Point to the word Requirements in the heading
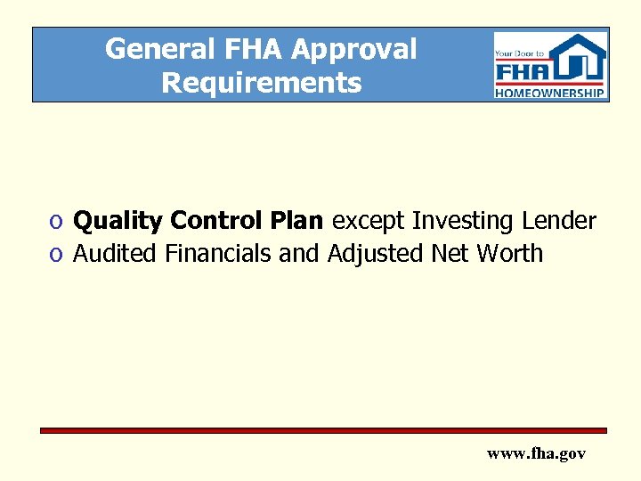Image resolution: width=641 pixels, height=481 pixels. [261, 83]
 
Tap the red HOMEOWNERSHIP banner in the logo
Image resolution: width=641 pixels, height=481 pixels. [550, 92]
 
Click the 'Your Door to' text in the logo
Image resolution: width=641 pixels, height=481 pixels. [515, 53]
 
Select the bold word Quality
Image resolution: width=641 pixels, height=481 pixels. [118, 221]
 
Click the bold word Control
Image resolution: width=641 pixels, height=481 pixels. [213, 220]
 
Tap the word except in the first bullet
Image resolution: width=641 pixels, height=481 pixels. [368, 221]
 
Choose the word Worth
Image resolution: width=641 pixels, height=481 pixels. [509, 254]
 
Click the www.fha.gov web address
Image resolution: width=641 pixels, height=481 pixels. [536, 453]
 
